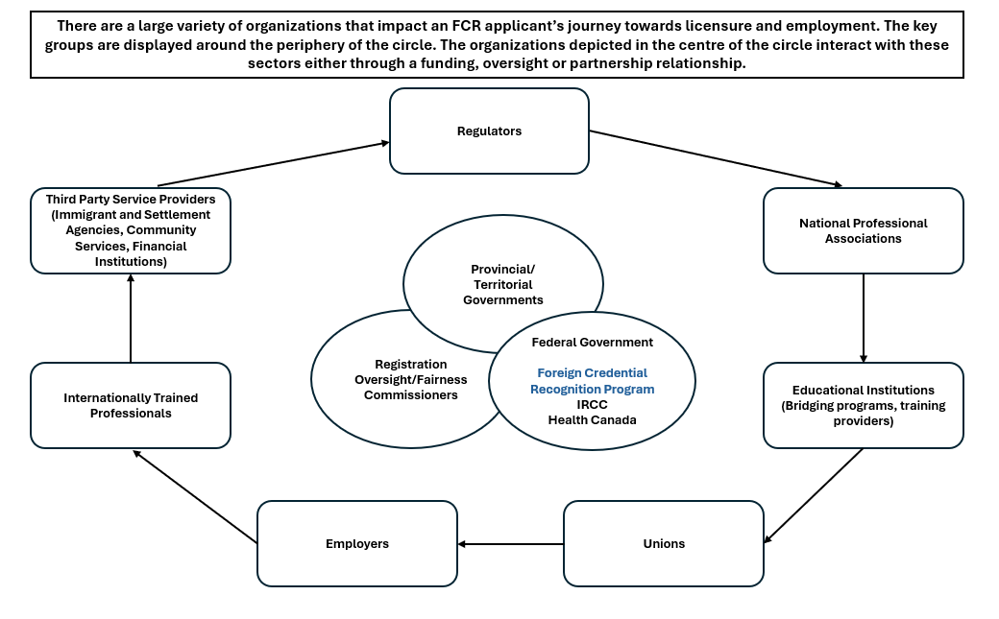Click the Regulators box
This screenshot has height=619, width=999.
click(489, 131)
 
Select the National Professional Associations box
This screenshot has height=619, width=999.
click(863, 230)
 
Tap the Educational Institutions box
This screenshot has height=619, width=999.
click(863, 405)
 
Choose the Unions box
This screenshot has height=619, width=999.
click(664, 543)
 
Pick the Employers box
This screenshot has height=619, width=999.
click(357, 543)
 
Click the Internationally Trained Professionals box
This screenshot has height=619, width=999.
click(131, 405)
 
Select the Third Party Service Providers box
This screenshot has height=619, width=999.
click(131, 230)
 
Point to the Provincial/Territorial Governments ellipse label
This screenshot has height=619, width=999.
click(503, 284)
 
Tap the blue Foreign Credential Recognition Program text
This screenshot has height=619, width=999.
click(592, 381)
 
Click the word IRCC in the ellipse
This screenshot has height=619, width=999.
click(592, 404)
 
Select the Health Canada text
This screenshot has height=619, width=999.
click(592, 419)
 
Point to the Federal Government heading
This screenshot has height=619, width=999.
click(592, 342)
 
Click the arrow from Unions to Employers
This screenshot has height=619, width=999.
click(510, 543)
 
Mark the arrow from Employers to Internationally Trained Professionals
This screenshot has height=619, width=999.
click(195, 496)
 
